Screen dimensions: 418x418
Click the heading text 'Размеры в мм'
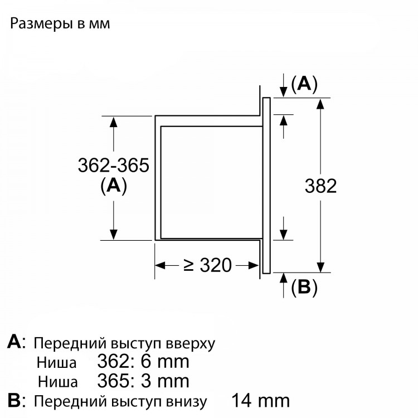[x=60, y=24]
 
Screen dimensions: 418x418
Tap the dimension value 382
[x=320, y=186]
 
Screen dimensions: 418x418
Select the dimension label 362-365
[x=113, y=166]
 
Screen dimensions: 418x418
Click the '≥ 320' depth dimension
[x=208, y=265]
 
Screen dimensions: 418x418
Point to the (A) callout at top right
[x=304, y=84]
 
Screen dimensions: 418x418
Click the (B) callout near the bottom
[x=304, y=288]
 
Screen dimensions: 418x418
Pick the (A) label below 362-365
[x=114, y=186]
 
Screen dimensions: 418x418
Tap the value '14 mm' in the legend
[x=260, y=401]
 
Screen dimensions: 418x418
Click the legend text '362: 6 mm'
[x=143, y=362]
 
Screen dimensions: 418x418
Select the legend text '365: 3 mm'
[x=143, y=381]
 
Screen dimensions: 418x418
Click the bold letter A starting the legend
[x=14, y=342]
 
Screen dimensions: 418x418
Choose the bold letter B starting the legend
[x=14, y=401]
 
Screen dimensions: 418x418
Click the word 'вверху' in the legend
[x=191, y=344]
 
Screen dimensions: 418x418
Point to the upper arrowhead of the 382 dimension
[x=320, y=104]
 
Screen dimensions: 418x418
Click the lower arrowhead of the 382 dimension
[x=320, y=267]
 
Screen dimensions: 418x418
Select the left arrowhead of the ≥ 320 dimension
[x=161, y=265]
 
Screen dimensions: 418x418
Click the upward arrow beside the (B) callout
[x=284, y=285]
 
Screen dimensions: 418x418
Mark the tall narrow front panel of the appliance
[x=266, y=185]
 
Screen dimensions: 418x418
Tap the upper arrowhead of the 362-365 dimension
[x=114, y=122]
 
